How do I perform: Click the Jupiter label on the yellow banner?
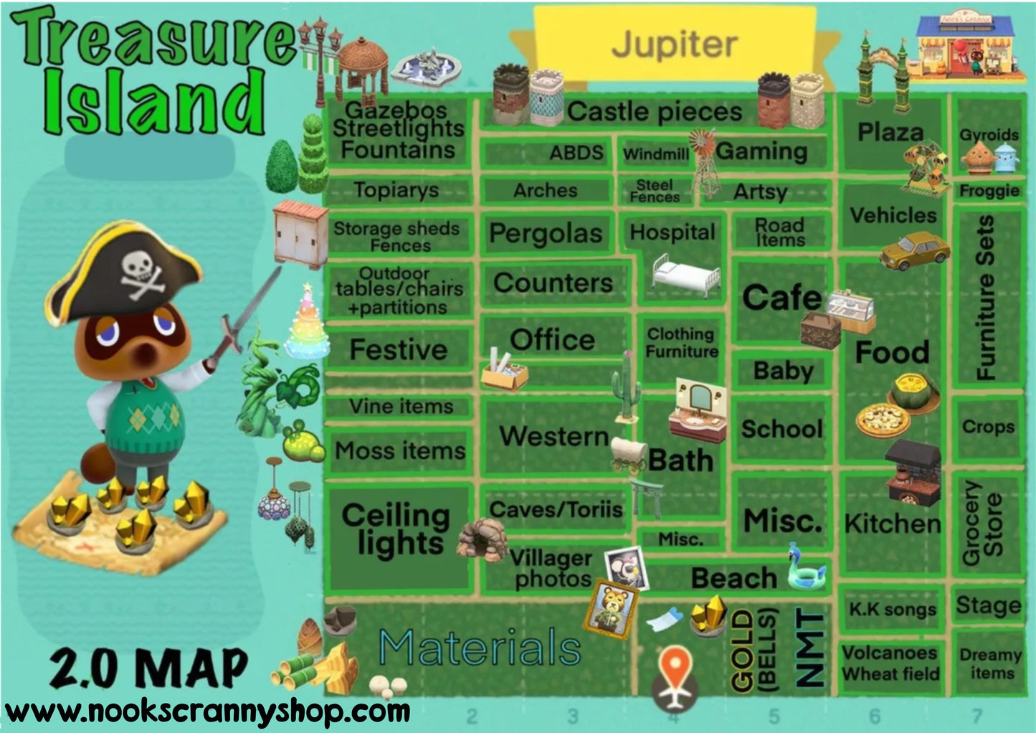click(x=674, y=44)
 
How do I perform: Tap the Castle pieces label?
click(x=654, y=112)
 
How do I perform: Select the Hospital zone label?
click(x=672, y=232)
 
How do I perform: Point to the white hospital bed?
click(x=685, y=275)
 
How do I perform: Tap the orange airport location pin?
click(x=674, y=668)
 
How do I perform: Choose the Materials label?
click(x=479, y=647)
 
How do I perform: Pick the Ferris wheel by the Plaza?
click(x=925, y=166)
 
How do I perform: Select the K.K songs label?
click(x=893, y=610)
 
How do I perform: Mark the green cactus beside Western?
click(x=625, y=387)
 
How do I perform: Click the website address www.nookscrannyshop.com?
click(x=208, y=711)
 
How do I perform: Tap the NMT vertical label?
click(x=810, y=649)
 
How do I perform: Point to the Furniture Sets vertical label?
click(x=987, y=297)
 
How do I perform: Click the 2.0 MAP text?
click(x=148, y=668)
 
